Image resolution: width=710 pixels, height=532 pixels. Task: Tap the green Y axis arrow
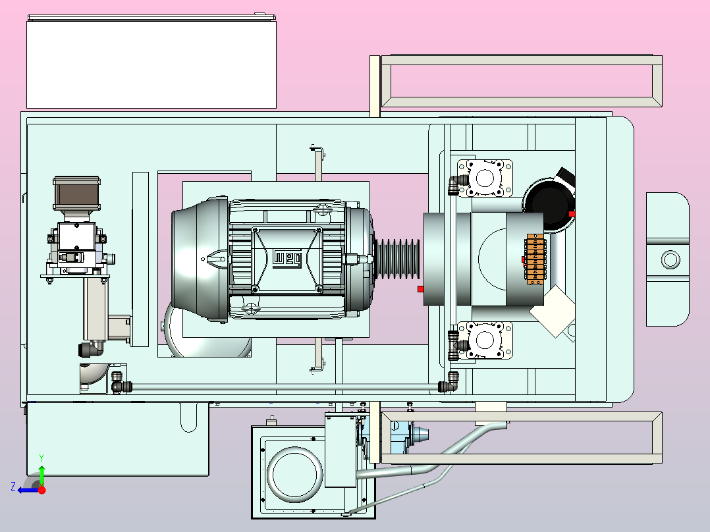pos(41,475)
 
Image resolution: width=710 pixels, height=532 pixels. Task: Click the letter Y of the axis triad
pos(41,458)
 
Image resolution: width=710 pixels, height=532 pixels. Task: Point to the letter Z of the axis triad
pos(13,487)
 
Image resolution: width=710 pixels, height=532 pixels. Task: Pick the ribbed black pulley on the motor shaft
pos(398,259)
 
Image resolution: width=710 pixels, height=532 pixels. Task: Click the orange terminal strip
pos(535,259)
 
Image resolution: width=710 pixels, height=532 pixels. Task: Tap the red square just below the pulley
pos(421,289)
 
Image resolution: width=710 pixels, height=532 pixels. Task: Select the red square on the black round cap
pos(572,214)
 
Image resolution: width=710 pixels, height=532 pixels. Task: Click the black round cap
pos(549,202)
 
